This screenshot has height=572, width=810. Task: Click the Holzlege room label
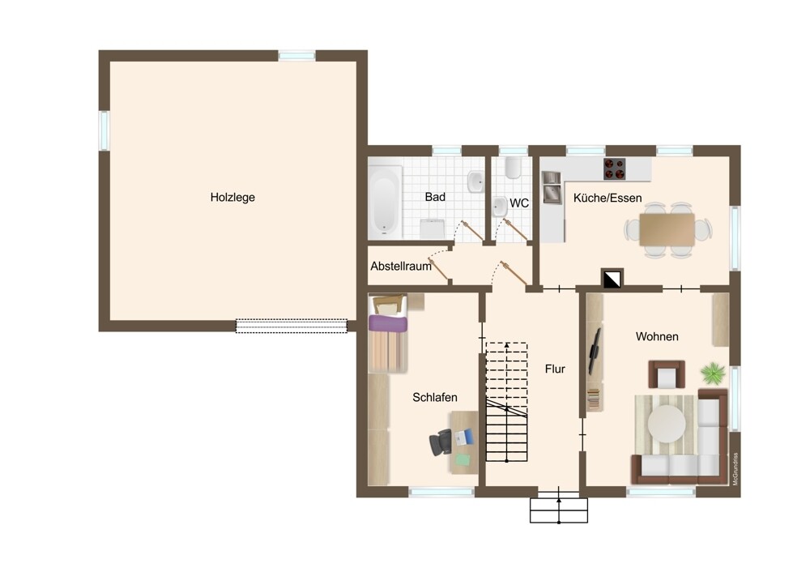(232, 198)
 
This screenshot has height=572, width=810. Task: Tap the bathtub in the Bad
(385, 201)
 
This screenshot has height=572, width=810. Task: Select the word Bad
(435, 197)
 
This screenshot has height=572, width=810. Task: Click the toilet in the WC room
(513, 168)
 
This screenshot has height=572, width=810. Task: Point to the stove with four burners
(614, 169)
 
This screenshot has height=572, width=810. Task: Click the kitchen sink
(552, 188)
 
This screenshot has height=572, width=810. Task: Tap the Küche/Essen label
(607, 198)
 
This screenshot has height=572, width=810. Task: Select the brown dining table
(667, 229)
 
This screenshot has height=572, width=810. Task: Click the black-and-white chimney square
(612, 279)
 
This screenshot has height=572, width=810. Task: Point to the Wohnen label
(657, 337)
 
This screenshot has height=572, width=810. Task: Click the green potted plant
(713, 373)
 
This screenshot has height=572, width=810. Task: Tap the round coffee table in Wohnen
(667, 424)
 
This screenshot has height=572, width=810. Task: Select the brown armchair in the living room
(667, 374)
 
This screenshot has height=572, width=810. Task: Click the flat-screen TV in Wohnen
(595, 351)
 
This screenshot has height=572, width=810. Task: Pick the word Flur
(555, 369)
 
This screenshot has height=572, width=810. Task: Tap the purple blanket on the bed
(387, 323)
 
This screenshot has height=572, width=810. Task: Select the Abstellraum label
(401, 267)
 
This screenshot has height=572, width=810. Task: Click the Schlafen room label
(435, 397)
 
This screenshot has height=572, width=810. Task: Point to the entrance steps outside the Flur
(559, 510)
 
